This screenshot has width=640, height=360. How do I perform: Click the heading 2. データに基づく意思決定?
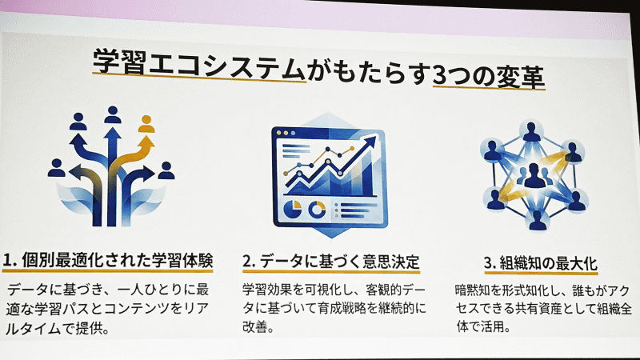[330, 262]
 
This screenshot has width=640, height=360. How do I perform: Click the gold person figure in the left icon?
[146, 123]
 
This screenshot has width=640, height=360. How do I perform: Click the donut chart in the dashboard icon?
[317, 209]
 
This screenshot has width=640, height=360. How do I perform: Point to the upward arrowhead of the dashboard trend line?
[370, 142]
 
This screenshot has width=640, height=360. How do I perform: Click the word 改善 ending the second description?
[254, 327]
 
